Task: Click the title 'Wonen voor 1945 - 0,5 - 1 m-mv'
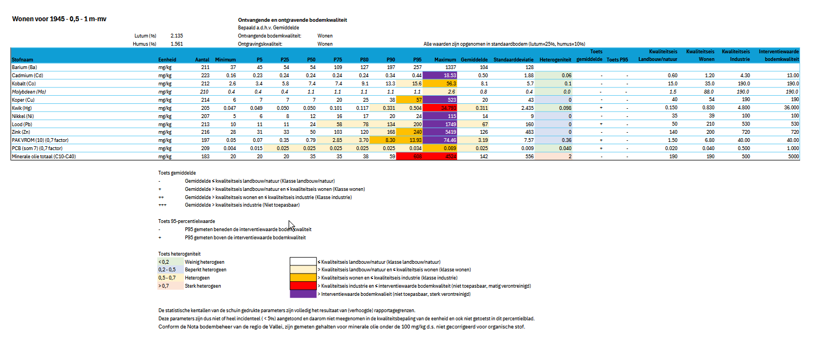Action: click(59, 20)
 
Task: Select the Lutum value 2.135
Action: click(177, 35)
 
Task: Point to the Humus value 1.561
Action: click(177, 44)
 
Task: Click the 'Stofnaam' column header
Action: click(21, 59)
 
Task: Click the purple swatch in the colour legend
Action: click(303, 294)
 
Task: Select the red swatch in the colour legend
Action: click(303, 285)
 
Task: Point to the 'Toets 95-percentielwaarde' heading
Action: click(186, 221)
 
